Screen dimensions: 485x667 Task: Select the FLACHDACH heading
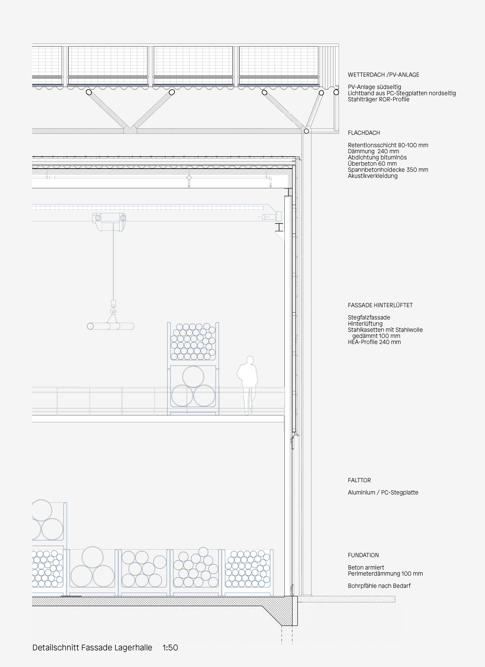pyautogui.click(x=364, y=133)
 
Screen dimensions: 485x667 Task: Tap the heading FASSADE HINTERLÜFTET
pyautogui.click(x=380, y=305)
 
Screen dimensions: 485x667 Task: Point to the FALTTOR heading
pyautogui.click(x=359, y=480)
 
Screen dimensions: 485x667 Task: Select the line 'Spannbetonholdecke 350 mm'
pyautogui.click(x=388, y=170)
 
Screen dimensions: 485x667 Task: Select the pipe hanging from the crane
pyautogui.click(x=110, y=326)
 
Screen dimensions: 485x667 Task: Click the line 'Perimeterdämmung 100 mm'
pyautogui.click(x=385, y=574)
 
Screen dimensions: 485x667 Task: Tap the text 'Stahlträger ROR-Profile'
pyautogui.click(x=378, y=99)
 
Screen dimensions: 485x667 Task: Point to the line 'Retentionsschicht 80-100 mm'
pyautogui.click(x=388, y=145)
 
